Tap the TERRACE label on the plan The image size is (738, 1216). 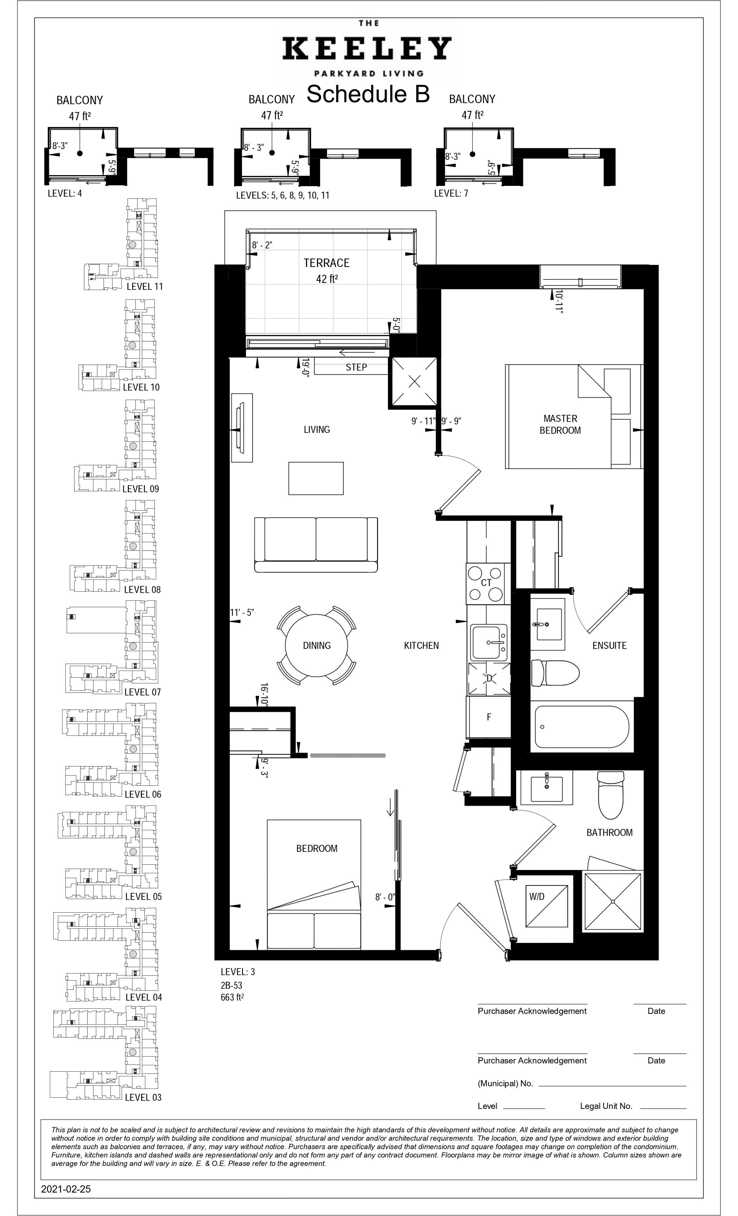[326, 263]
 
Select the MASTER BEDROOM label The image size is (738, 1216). [560, 424]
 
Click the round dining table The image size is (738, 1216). [316, 645]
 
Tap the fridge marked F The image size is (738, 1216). [489, 717]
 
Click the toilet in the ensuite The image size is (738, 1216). [555, 673]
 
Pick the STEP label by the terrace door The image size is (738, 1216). [356, 367]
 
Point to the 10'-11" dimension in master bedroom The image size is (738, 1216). [558, 301]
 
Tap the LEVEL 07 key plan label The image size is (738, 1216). [142, 692]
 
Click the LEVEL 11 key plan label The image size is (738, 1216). [145, 287]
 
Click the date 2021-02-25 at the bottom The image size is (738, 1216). [66, 1189]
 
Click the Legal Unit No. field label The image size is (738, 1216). [606, 1106]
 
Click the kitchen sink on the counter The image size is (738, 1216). [489, 642]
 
